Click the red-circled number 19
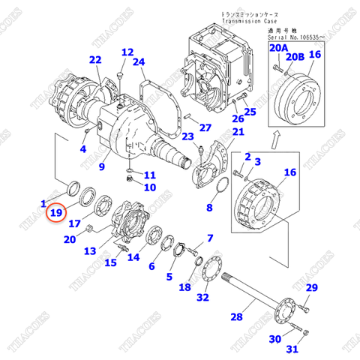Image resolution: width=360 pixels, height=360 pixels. (x=56, y=214)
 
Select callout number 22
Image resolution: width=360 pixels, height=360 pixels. (x=94, y=60)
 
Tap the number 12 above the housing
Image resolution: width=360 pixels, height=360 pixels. (x=127, y=52)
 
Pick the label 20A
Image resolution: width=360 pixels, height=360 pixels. (x=278, y=47)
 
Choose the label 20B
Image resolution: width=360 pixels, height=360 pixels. (x=297, y=55)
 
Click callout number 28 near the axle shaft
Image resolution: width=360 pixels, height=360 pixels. (x=237, y=317)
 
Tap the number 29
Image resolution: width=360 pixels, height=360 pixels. (x=311, y=289)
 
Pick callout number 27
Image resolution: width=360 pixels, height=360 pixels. (x=205, y=127)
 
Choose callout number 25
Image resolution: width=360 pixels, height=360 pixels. (x=250, y=112)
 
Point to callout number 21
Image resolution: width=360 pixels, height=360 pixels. (x=238, y=133)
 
